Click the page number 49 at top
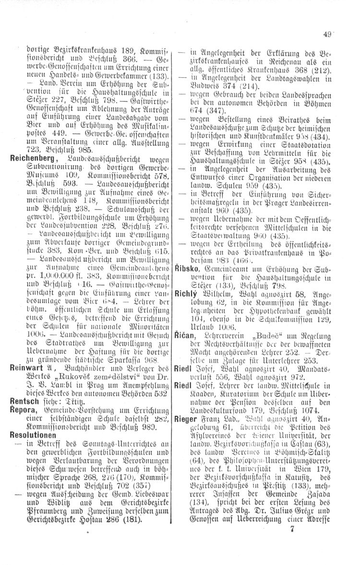click(x=328, y=34)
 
